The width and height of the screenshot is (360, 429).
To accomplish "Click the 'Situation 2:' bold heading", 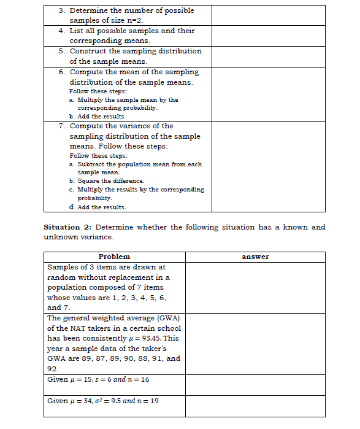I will tap(67, 227).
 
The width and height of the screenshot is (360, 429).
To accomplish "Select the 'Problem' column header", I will tap(114, 257).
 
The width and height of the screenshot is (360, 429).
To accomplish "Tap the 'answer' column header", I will tap(255, 257).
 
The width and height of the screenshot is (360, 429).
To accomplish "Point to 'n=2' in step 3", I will tap(132, 20).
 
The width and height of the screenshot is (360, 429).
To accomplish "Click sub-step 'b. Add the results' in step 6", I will tap(96, 116).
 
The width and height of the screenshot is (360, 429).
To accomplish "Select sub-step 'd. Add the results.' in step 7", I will tap(98, 207).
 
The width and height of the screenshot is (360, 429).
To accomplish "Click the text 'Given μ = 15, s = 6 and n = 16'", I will tap(98, 379).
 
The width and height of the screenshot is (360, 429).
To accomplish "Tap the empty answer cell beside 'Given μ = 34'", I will tap(255, 406).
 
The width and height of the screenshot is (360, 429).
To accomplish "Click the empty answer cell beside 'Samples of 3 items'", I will tap(255, 287).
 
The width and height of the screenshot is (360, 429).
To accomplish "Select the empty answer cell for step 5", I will tap(269, 56).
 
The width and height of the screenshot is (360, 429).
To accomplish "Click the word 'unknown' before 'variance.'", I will tap(63, 237).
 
